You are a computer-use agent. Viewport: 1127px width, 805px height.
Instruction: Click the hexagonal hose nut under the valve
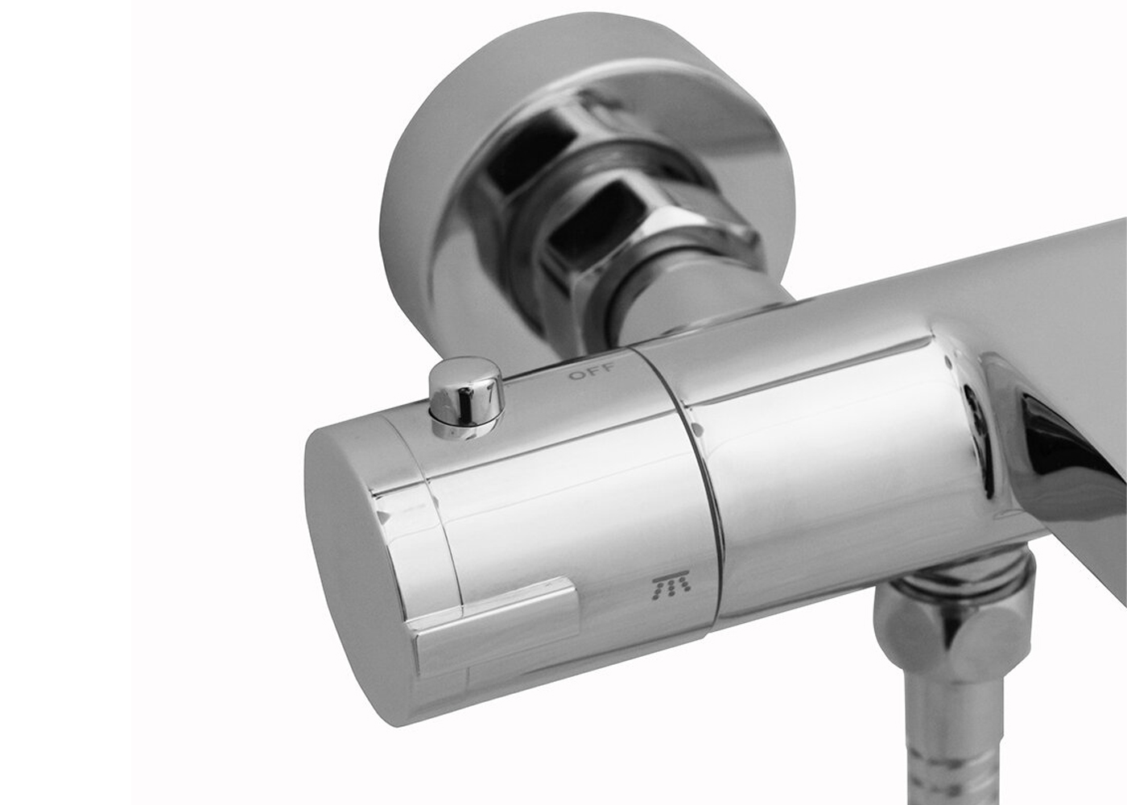tap(951, 635)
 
